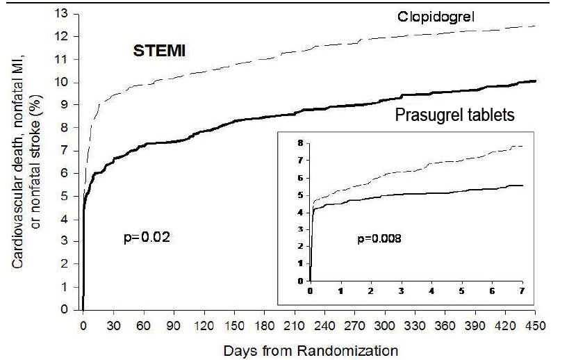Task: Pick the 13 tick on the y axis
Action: pos(66,13)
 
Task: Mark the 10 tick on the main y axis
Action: pos(66,82)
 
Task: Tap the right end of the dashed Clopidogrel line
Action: pos(534,26)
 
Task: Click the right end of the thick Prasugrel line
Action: pos(534,81)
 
